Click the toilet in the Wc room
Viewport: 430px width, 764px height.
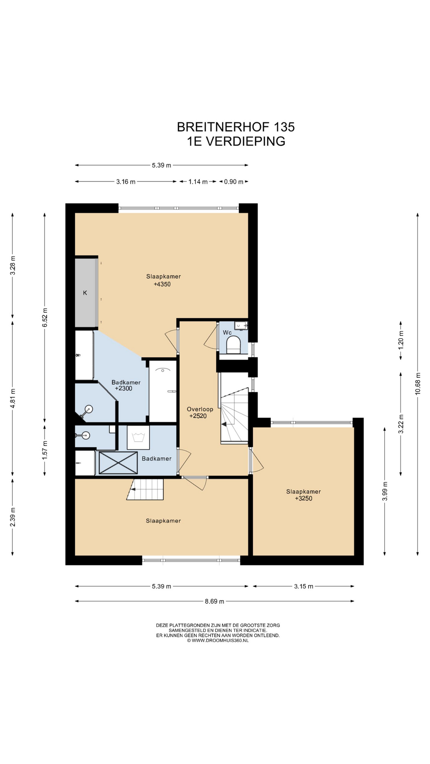coord(233,345)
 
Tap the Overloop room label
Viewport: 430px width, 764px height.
coord(200,409)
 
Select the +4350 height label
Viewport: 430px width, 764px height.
coord(162,284)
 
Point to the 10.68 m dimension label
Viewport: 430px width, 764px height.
coord(418,384)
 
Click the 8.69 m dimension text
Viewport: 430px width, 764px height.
coord(215,601)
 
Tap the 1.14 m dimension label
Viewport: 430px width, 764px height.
coord(198,181)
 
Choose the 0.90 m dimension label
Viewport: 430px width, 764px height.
coord(234,181)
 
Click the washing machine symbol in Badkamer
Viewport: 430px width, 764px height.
coord(138,438)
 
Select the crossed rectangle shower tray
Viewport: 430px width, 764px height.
coord(118,463)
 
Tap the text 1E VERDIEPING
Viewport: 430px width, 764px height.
coord(236,141)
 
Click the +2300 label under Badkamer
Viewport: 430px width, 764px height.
coord(123,388)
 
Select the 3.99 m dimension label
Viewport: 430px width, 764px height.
coord(385,491)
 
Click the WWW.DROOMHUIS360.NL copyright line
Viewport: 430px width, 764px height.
coord(218,640)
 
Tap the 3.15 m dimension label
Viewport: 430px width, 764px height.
coord(304,586)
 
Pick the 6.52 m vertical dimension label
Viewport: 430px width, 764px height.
coord(45,318)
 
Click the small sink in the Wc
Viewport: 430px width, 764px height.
coord(241,326)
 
